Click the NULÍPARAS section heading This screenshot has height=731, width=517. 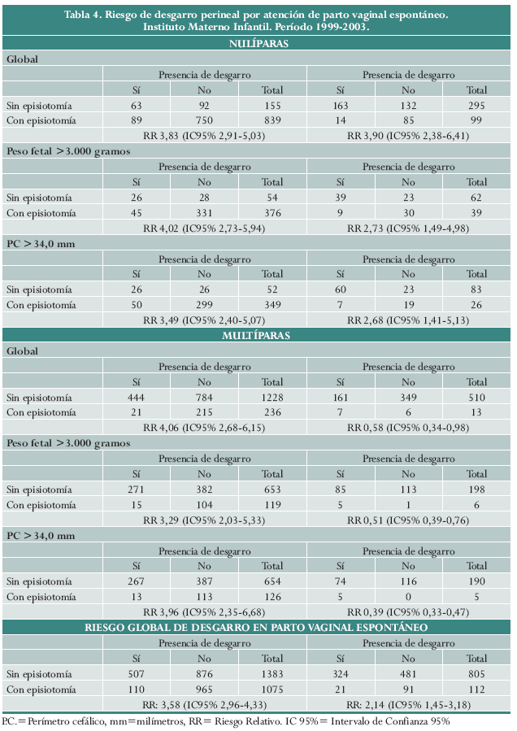(x=258, y=44)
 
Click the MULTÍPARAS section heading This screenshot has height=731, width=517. (x=258, y=335)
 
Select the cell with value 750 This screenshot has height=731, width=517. (x=204, y=120)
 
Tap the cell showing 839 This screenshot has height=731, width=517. (x=272, y=120)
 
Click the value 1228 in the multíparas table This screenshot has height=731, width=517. (x=272, y=398)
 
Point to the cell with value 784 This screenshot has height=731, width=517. (x=204, y=398)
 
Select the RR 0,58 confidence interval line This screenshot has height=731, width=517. (x=408, y=426)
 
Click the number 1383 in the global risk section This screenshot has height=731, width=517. (x=272, y=674)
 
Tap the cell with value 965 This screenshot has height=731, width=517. (x=204, y=688)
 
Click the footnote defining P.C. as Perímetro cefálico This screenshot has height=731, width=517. (x=226, y=720)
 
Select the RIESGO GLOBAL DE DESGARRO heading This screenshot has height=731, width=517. (x=258, y=627)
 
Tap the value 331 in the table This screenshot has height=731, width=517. (x=204, y=213)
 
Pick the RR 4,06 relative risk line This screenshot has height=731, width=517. (x=204, y=426)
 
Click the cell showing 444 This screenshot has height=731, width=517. (x=136, y=398)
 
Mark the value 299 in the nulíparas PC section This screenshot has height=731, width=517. (x=204, y=305)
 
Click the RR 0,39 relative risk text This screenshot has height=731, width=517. (x=408, y=611)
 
